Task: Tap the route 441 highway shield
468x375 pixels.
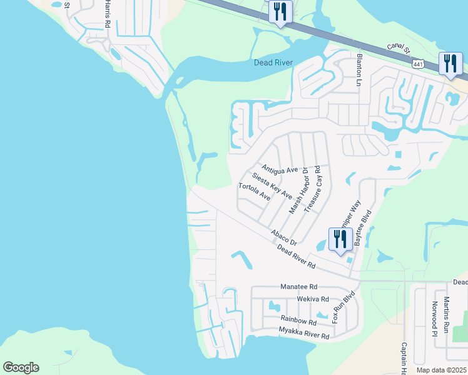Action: tap(418, 64)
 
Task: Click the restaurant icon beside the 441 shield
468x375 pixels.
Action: tap(450, 64)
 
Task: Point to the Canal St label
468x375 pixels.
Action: tap(397, 47)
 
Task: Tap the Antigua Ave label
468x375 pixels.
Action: tap(280, 169)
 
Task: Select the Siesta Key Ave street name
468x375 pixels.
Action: tap(272, 186)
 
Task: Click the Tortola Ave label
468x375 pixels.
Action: tap(255, 192)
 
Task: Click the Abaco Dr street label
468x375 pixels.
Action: tap(283, 237)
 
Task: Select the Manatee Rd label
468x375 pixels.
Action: tap(299, 286)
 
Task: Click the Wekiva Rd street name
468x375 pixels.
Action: tap(312, 299)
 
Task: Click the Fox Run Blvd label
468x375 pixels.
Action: tap(343, 306)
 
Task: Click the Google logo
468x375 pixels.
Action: tap(21, 367)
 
